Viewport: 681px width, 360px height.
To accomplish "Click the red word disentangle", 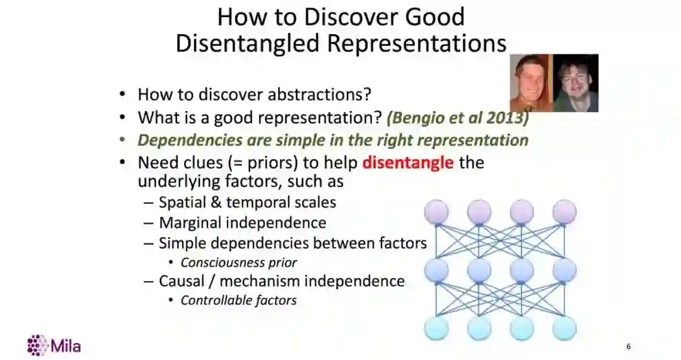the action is click(x=408, y=163).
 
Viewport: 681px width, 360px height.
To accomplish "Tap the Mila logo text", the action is click(x=66, y=346).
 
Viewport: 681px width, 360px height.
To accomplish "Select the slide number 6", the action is click(x=629, y=347).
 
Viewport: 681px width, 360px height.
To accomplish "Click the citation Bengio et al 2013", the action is click(x=458, y=118).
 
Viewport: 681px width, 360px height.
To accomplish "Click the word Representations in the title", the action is click(x=417, y=44).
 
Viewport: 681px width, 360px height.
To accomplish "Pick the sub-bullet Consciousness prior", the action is click(x=238, y=263).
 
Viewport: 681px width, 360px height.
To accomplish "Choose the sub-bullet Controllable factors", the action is click(x=238, y=301).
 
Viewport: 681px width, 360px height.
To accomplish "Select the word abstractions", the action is click(x=319, y=94).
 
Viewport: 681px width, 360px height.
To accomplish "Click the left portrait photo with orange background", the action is click(x=531, y=83).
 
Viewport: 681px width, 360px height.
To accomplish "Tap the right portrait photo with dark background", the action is click(x=576, y=83).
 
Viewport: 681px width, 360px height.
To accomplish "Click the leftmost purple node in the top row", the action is click(x=436, y=211).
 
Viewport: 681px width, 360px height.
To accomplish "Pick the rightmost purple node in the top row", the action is click(x=564, y=211).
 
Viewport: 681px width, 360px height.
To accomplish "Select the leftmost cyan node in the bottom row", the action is click(x=436, y=328).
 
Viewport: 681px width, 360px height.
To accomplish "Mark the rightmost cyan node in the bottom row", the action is click(x=564, y=328).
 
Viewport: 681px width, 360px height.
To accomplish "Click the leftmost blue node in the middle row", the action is click(x=436, y=270).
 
